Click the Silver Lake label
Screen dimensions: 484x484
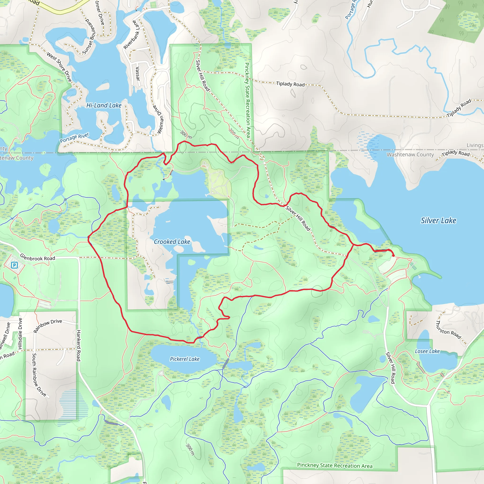438,221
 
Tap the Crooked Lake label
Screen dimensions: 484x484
172,242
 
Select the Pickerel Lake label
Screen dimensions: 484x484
185,359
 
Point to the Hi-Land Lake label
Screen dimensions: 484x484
104,105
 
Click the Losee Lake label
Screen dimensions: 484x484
427,351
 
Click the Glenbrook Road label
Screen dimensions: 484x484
38,257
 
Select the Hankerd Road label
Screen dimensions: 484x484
78,346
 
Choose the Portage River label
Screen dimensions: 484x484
74,138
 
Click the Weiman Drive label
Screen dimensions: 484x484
159,119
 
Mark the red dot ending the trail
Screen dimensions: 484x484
393,255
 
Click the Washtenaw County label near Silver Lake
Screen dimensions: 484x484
410,155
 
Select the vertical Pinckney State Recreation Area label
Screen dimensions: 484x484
247,100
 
